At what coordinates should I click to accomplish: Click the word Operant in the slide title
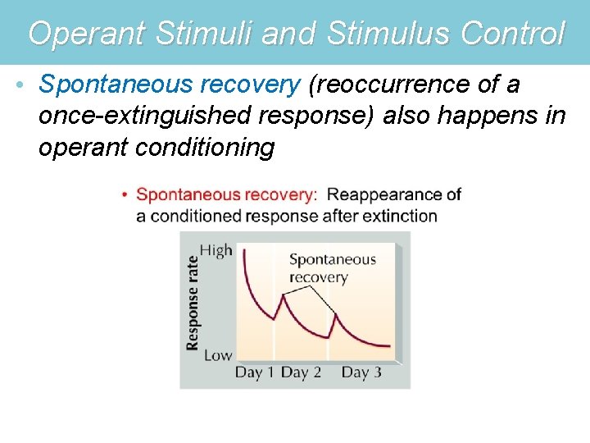click(x=85, y=34)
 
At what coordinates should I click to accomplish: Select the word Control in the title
click(x=513, y=34)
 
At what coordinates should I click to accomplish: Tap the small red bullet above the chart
click(x=125, y=195)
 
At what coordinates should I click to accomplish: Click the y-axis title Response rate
click(x=193, y=303)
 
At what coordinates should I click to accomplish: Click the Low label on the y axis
click(x=217, y=355)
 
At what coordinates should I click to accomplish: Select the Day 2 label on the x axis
click(x=301, y=372)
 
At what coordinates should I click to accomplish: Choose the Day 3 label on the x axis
click(x=361, y=372)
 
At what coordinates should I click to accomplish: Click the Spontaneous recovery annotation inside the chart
click(x=332, y=268)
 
